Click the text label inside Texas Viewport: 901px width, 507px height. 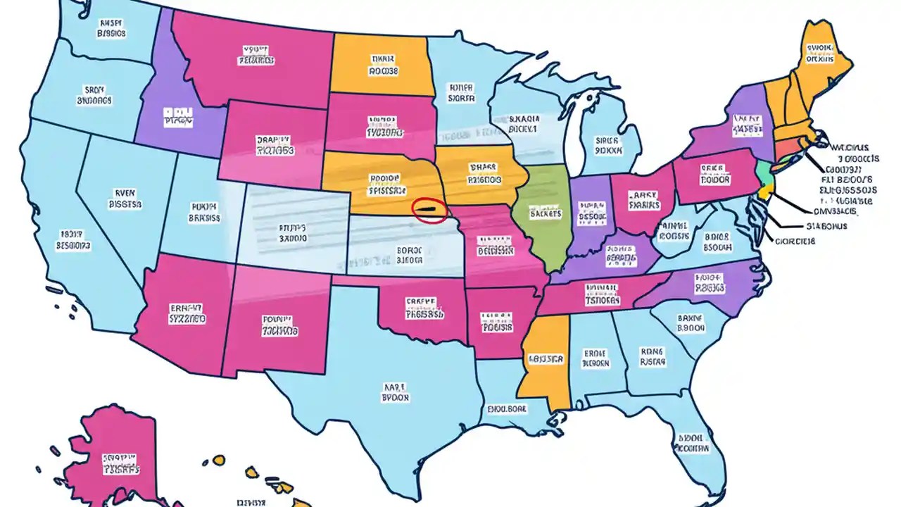[x=396, y=392]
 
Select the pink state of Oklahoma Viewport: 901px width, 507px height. [x=422, y=310]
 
